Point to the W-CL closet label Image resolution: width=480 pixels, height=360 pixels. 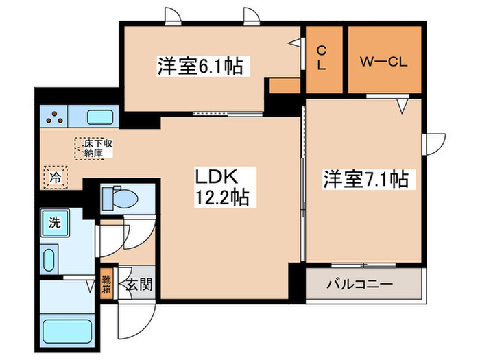(x=384, y=59)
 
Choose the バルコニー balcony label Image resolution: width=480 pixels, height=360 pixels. (x=359, y=283)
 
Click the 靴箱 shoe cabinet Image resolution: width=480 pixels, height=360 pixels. (x=106, y=283)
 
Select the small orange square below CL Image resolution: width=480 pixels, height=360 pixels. (x=285, y=85)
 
